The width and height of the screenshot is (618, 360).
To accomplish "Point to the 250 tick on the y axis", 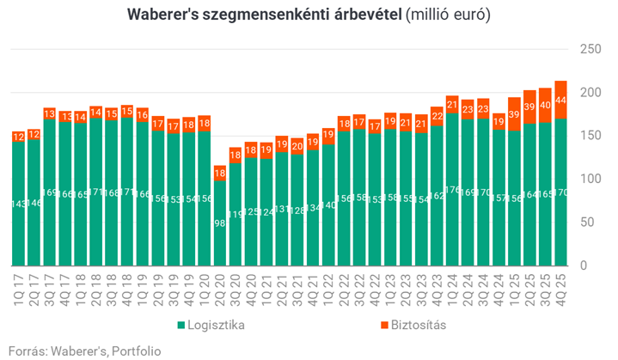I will pos(591,49).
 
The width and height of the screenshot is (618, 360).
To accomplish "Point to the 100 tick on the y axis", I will pos(591,179).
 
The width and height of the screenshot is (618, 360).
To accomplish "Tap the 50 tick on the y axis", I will pos(594,222).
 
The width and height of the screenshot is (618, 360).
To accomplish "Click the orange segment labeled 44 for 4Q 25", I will pos(560,100).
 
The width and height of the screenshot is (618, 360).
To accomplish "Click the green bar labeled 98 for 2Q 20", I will pos(220,223).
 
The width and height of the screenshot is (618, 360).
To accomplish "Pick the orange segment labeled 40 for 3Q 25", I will pos(545,105).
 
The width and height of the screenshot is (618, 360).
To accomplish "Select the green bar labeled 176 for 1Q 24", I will pos(451,189).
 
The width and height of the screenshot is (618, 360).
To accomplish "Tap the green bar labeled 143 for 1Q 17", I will pos(18,204).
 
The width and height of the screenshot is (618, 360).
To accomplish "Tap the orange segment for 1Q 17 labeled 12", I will pos(18,136).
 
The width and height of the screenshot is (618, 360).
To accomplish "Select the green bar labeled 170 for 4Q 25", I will pos(560,192).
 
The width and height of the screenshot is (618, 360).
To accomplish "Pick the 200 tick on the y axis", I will pos(591,92).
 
